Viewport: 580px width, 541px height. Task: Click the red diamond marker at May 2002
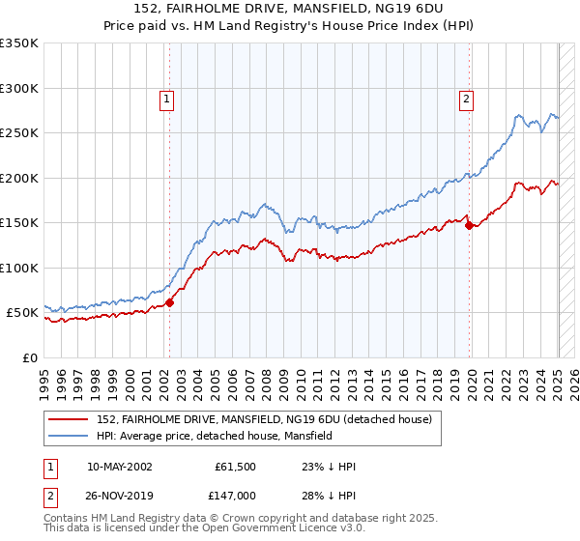point(169,302)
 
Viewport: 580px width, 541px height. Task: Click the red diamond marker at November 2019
point(470,226)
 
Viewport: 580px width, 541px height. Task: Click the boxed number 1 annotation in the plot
point(167,98)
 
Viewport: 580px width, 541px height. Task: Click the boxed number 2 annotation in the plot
point(466,98)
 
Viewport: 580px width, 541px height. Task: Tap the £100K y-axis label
point(19,268)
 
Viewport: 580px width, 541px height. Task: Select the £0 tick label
point(29,357)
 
